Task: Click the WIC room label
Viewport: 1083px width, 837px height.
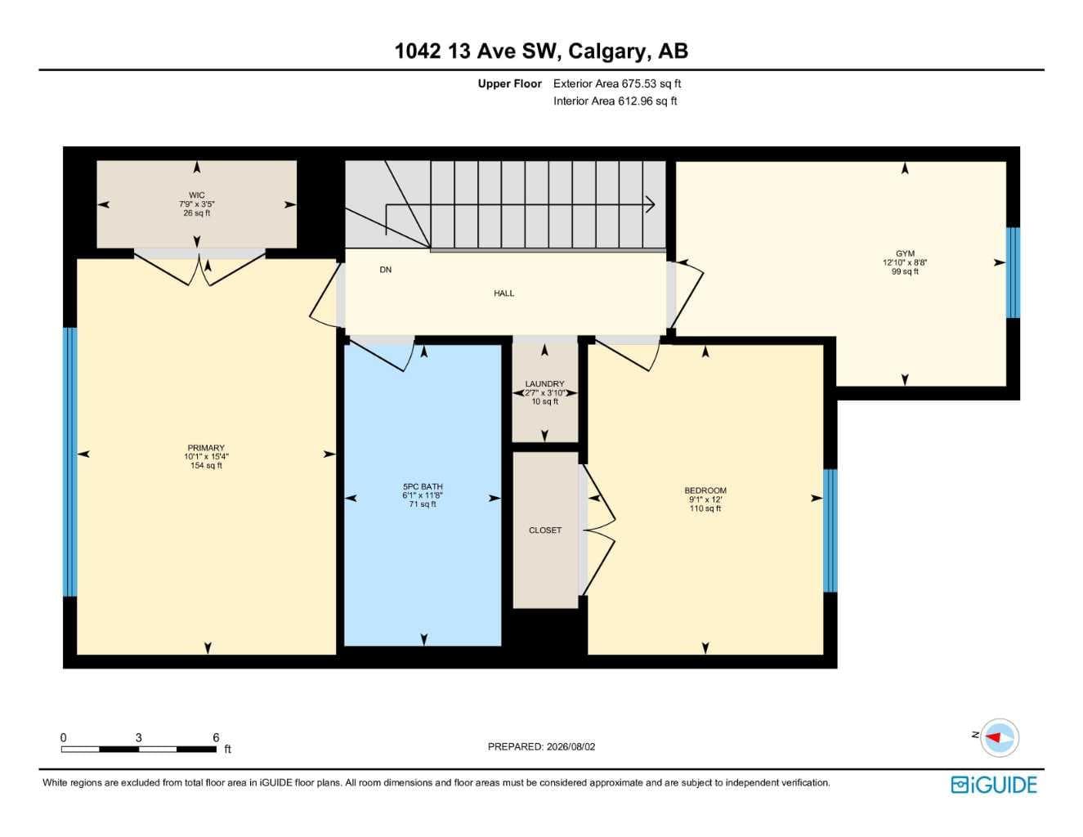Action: (x=197, y=195)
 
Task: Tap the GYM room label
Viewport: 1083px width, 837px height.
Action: (x=905, y=253)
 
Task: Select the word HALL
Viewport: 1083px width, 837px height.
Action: (x=503, y=293)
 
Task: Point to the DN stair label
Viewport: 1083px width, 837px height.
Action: (x=386, y=270)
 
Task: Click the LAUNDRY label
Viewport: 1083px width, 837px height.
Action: (x=544, y=383)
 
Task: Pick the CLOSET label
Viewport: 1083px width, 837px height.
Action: (x=544, y=530)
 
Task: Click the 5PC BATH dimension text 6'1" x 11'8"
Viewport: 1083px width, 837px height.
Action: (x=423, y=495)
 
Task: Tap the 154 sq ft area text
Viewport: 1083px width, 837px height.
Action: (x=206, y=465)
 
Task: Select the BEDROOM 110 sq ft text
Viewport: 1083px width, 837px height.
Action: (x=705, y=508)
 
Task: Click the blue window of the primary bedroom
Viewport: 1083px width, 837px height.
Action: (x=70, y=461)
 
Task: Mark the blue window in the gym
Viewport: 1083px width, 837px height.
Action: (x=1014, y=272)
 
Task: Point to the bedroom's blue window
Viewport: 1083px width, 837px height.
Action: (x=830, y=530)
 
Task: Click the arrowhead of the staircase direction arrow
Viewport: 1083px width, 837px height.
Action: (x=651, y=204)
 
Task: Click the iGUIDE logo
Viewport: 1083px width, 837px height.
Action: (x=994, y=784)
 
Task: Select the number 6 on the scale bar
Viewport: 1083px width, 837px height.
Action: (x=216, y=737)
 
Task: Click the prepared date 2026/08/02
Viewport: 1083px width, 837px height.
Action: (x=571, y=747)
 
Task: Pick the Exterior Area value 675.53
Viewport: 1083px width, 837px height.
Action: (x=639, y=83)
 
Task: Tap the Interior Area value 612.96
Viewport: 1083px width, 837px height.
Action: (x=635, y=101)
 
